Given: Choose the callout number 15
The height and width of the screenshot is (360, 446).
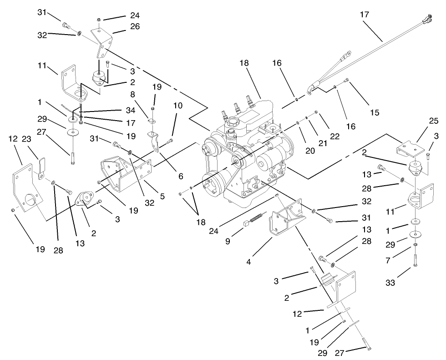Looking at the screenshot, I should [x=375, y=112].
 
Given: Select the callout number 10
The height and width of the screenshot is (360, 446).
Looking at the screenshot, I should [x=177, y=106].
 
